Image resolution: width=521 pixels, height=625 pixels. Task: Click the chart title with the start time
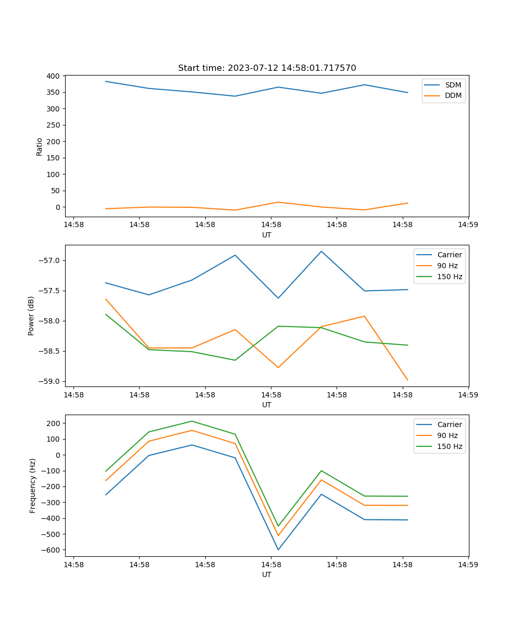point(267,68)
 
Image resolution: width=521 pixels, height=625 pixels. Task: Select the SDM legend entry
point(453,85)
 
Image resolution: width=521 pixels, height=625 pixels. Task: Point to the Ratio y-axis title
point(40,146)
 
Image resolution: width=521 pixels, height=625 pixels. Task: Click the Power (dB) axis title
point(32,316)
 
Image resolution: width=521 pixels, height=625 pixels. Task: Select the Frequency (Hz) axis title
point(33,485)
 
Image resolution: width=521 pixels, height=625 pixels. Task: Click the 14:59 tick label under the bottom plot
point(468,564)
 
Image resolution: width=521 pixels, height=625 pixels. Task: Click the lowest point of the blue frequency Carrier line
point(278,549)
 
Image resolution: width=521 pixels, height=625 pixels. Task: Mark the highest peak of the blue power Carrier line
point(321,251)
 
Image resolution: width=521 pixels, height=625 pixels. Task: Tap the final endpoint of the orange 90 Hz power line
point(407,380)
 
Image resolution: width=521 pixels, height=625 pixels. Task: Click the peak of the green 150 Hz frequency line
point(192,421)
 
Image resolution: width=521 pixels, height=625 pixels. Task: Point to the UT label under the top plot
point(267,235)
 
